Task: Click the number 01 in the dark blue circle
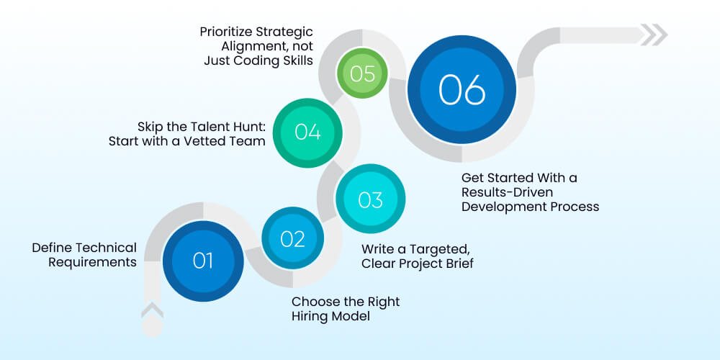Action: pyautogui.click(x=203, y=261)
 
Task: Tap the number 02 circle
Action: pyautogui.click(x=293, y=238)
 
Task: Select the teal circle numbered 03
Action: pyautogui.click(x=371, y=199)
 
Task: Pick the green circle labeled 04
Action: pyautogui.click(x=307, y=132)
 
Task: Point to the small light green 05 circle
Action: pyautogui.click(x=362, y=73)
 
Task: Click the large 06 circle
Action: pyautogui.click(x=462, y=89)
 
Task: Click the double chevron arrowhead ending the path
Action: pyautogui.click(x=654, y=35)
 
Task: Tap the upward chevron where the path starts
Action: pyautogui.click(x=152, y=310)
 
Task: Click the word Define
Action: pyautogui.click(x=52, y=248)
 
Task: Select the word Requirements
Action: pyautogui.click(x=93, y=263)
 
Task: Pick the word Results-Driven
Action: pyautogui.click(x=507, y=192)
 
